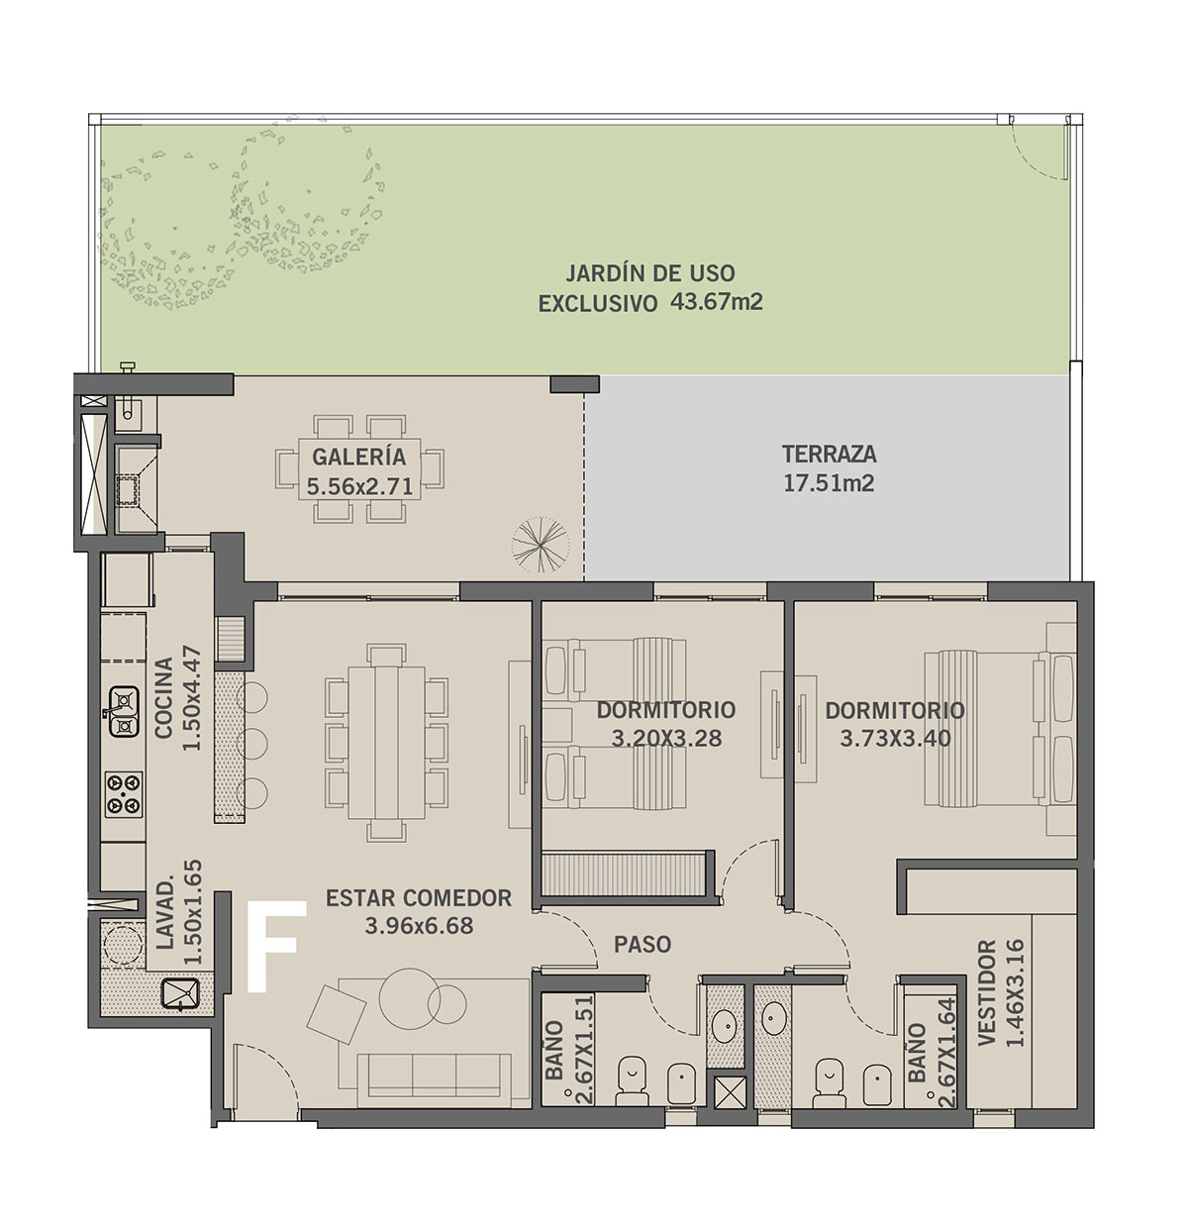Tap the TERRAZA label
point(829,454)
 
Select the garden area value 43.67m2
point(716,301)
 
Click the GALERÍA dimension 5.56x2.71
point(359,486)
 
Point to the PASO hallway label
point(642,944)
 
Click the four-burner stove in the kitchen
point(124,794)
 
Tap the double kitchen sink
point(124,712)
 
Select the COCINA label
point(163,697)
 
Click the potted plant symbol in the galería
point(540,545)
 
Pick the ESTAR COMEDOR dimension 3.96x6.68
point(419,926)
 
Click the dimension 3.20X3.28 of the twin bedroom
point(666,738)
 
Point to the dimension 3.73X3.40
point(895,738)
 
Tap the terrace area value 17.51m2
point(829,483)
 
